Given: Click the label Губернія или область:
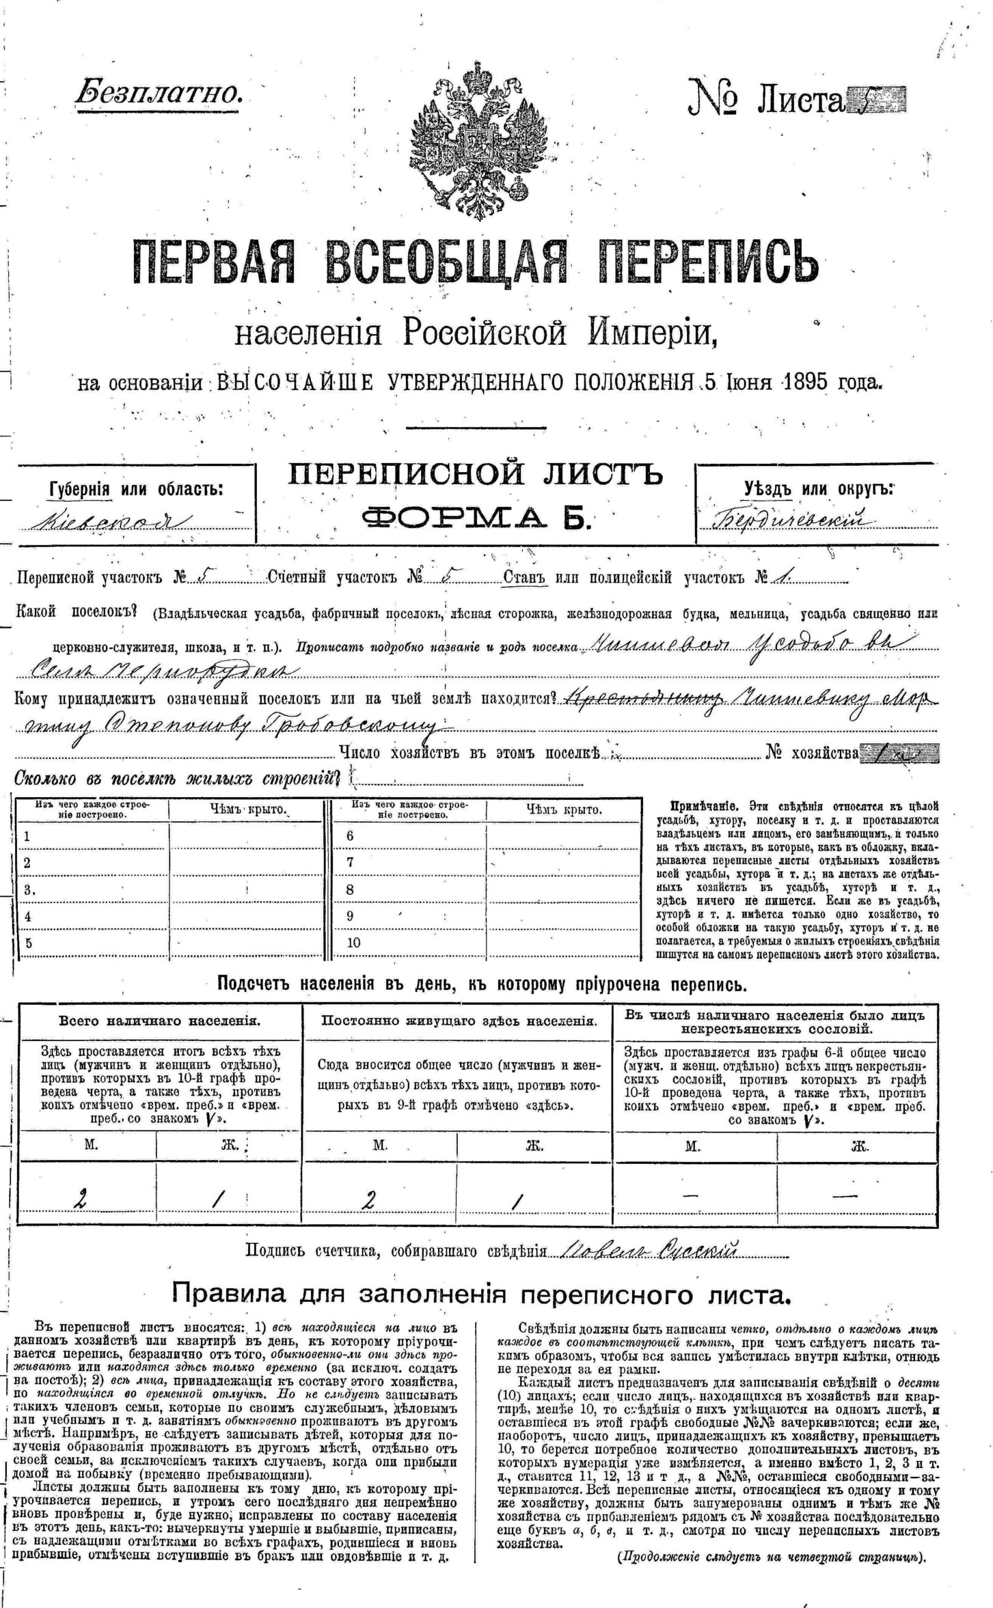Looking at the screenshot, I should pyautogui.click(x=136, y=489).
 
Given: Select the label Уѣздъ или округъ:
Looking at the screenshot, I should pyautogui.click(x=819, y=488).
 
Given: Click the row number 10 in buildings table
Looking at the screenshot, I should pyautogui.click(x=353, y=943).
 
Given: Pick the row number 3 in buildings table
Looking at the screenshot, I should pyautogui.click(x=28, y=889).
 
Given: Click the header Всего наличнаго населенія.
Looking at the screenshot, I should pyautogui.click(x=159, y=1021).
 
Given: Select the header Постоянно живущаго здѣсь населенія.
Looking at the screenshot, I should pyautogui.click(x=459, y=1021).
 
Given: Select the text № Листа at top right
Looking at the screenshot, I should pyautogui.click(x=765, y=100).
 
